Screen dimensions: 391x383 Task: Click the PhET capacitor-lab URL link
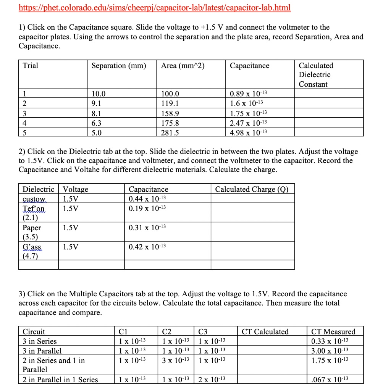point(155,8)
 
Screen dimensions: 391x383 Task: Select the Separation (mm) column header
point(119,66)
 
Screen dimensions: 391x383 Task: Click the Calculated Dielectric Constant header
point(316,75)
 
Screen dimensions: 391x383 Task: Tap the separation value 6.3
point(97,123)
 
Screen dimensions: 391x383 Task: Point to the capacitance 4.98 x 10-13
point(249,132)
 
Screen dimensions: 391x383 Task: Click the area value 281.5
point(170,132)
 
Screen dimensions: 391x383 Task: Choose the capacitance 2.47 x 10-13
point(249,123)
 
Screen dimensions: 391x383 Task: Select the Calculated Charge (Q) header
point(252,189)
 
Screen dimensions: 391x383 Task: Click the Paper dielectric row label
point(32,228)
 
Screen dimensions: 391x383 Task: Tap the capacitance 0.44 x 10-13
point(147,199)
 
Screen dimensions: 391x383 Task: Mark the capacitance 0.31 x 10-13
point(147,228)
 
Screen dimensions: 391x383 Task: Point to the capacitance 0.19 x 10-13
point(147,208)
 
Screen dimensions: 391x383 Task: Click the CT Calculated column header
point(265,331)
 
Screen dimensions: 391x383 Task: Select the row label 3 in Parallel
point(42,351)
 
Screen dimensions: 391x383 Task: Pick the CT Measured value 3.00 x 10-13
point(330,351)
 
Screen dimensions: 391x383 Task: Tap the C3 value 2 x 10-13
point(212,380)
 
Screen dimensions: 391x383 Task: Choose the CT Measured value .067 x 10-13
point(330,380)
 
